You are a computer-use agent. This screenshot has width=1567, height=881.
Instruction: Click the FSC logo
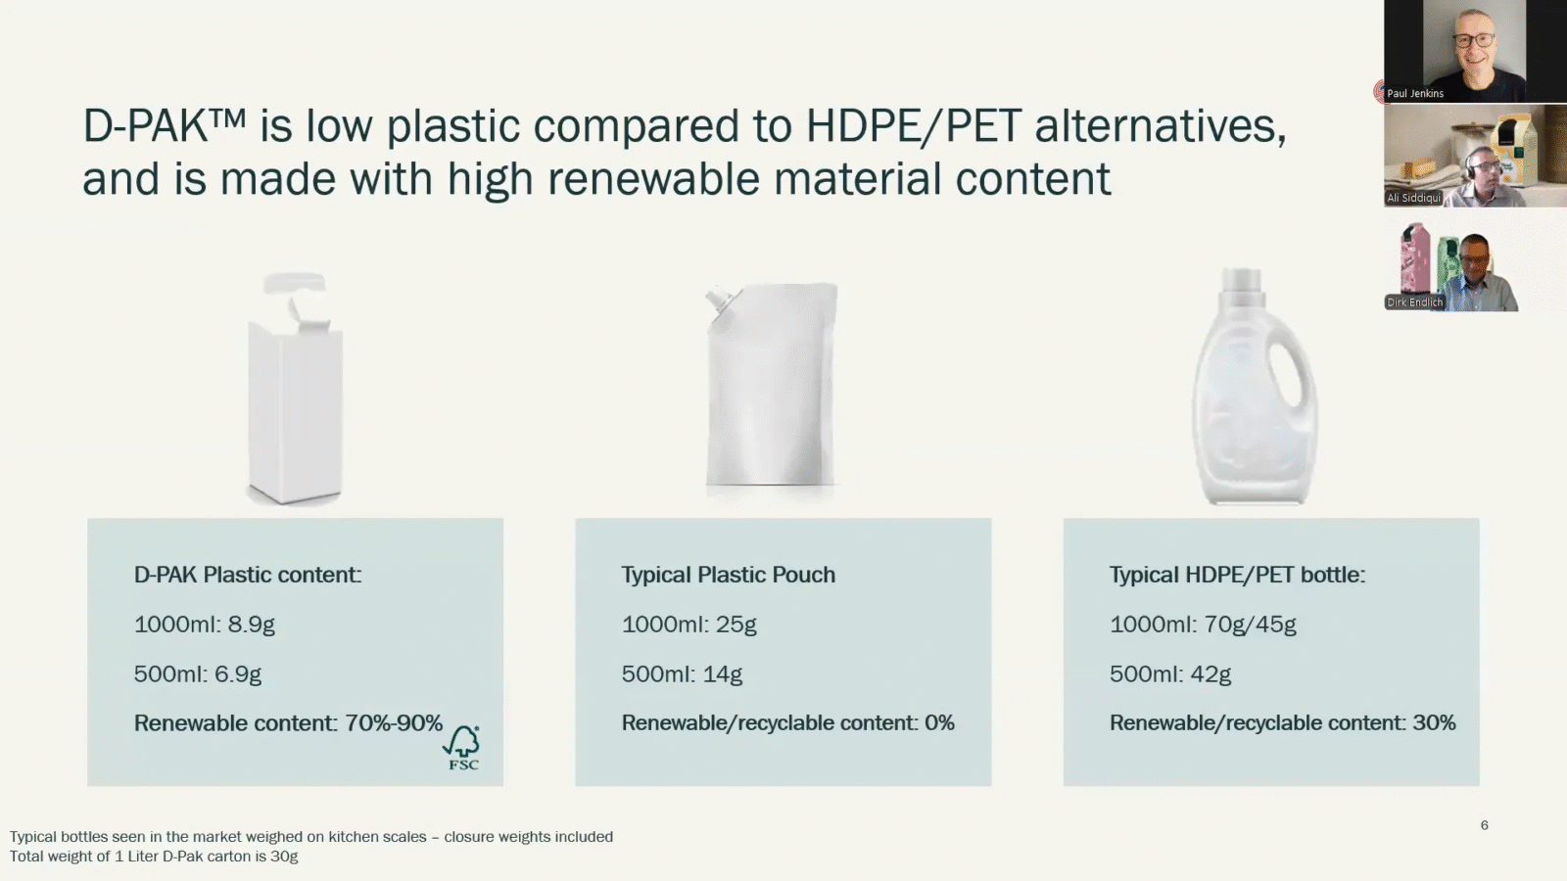[x=462, y=749]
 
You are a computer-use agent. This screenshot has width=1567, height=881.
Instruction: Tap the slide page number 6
[x=1484, y=825]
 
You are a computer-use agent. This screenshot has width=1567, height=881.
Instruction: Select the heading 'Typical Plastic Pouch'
[x=728, y=575]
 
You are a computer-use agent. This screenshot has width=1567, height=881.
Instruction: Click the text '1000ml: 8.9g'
[x=204, y=625]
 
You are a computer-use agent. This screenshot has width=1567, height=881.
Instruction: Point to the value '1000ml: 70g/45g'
[x=1202, y=625]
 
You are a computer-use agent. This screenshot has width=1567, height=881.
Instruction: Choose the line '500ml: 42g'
[x=1169, y=674]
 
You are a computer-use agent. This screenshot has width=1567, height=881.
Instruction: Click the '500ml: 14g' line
[x=682, y=674]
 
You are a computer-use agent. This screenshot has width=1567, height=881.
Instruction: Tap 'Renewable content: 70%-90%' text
[x=288, y=723]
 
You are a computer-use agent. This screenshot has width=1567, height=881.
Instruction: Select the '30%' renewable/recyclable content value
[x=1434, y=723]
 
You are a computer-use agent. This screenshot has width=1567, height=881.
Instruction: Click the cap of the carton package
[x=295, y=285]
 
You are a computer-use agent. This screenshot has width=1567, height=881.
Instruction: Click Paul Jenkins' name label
[x=1414, y=94]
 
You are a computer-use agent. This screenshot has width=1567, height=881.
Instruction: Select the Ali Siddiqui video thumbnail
[x=1474, y=157]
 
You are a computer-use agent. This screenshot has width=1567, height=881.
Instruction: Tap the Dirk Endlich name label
[x=1414, y=302]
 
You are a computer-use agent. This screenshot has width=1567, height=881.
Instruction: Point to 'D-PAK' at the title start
[x=147, y=126]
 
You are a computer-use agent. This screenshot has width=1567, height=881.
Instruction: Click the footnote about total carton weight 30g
[x=154, y=857]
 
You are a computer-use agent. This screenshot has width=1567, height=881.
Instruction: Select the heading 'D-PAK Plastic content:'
[x=247, y=575]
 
